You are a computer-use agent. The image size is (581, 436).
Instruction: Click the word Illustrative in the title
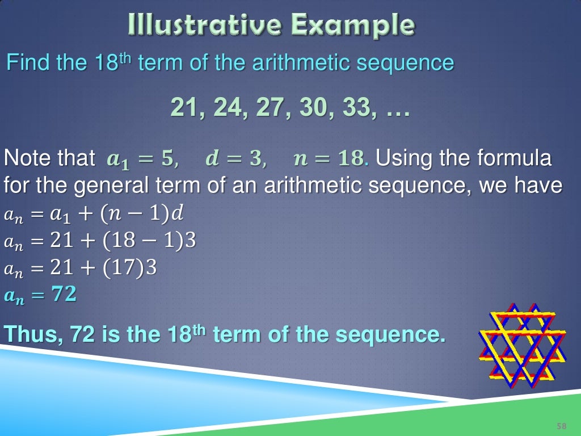[x=207, y=25]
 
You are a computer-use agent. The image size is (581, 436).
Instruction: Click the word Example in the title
[x=353, y=25]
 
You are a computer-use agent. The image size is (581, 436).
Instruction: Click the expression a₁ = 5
[x=142, y=159]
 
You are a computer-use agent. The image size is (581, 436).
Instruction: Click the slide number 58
[x=562, y=426]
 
